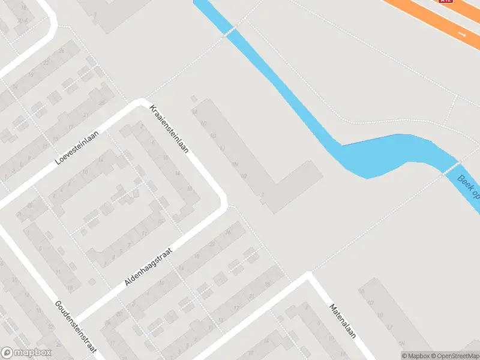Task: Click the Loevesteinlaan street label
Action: (x=76, y=149)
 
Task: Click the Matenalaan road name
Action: (x=343, y=320)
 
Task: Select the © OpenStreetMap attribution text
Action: (x=455, y=356)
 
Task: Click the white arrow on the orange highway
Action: (x=462, y=35)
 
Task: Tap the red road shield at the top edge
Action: (x=446, y=1)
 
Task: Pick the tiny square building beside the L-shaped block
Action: (x=193, y=98)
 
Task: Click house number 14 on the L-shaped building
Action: (x=194, y=111)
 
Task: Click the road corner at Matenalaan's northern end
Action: (x=308, y=274)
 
